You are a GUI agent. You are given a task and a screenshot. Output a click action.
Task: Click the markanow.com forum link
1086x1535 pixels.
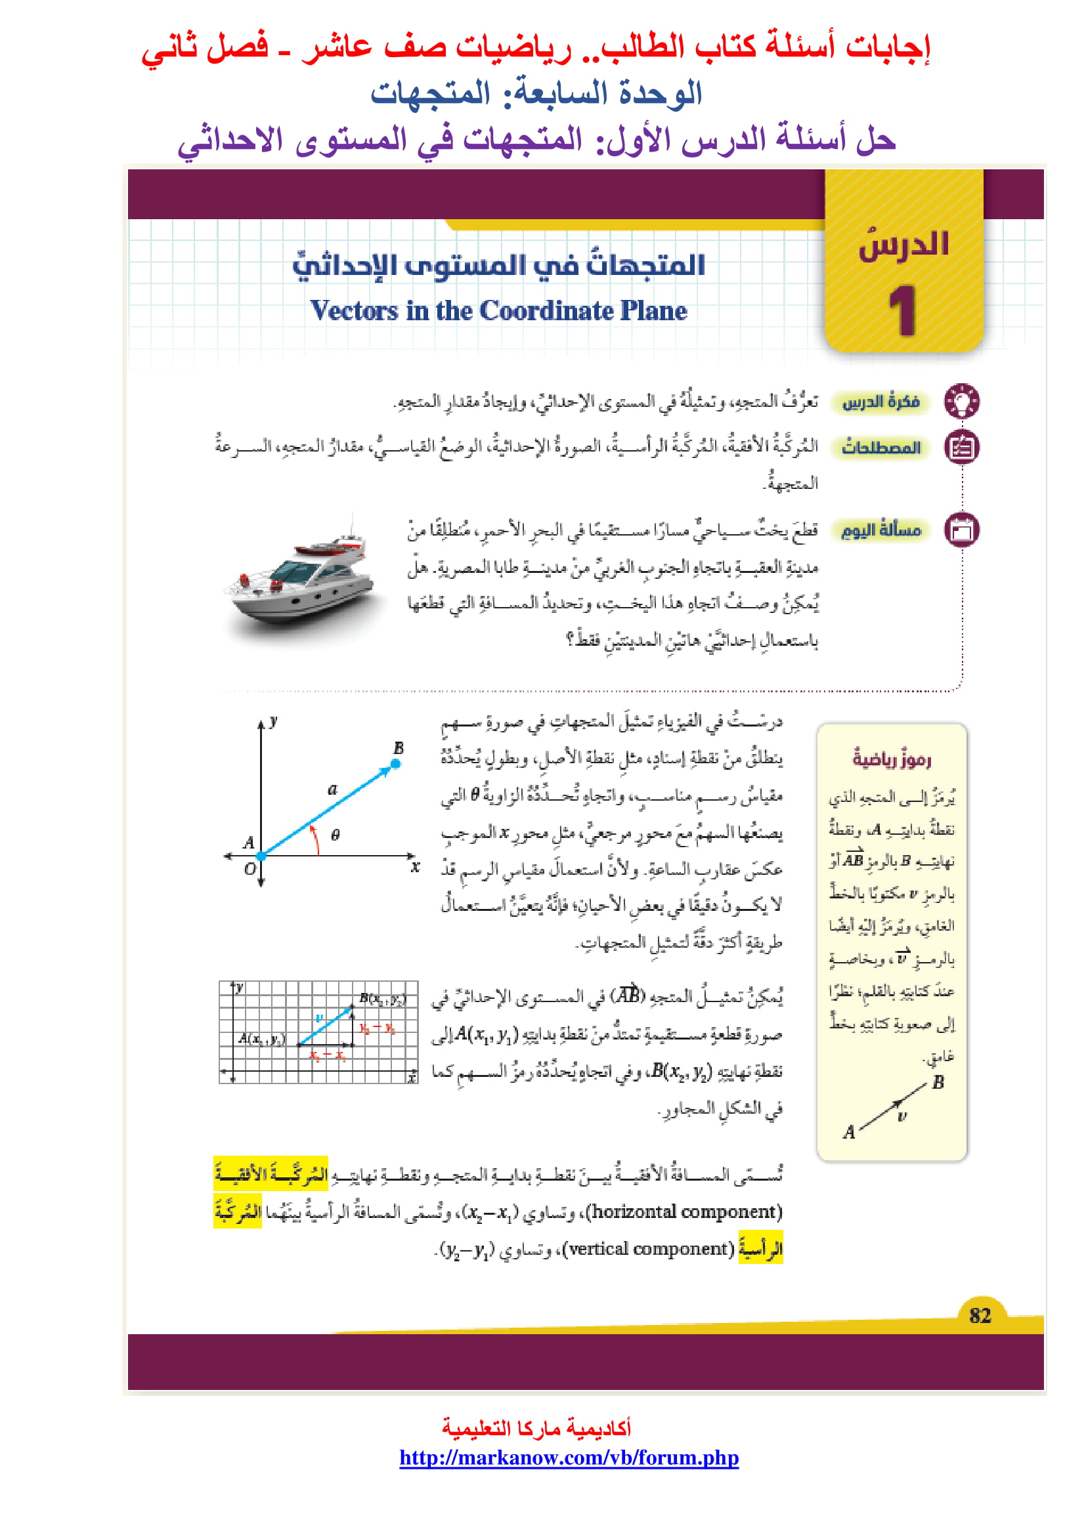click(x=569, y=1458)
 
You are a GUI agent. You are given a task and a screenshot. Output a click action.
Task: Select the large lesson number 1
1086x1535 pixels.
click(x=902, y=310)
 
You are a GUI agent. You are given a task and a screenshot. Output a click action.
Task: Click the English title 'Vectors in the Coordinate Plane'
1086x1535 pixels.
click(x=498, y=311)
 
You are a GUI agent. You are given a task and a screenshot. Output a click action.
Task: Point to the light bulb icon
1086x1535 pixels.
click(x=962, y=401)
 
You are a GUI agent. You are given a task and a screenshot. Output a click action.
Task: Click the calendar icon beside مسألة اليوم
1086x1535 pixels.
click(x=962, y=530)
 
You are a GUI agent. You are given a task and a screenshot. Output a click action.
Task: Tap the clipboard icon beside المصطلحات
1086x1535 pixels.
click(x=962, y=447)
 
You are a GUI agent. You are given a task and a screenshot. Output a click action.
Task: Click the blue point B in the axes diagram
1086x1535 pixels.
click(x=396, y=763)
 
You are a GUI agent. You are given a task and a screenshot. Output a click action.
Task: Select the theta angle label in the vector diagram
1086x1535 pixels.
click(x=335, y=835)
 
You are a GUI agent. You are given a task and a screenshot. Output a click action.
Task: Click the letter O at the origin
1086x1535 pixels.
click(x=250, y=868)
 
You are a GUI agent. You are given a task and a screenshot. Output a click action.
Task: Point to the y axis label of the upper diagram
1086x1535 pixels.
click(x=274, y=721)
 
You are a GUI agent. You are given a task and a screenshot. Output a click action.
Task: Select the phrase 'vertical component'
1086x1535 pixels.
click(x=649, y=1249)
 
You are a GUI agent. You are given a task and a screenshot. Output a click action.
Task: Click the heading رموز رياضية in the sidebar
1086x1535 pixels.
click(x=892, y=759)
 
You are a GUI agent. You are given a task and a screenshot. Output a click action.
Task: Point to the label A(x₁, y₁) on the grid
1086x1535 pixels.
click(x=261, y=1038)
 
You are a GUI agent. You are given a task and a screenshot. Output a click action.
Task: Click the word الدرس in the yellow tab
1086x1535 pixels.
click(x=903, y=245)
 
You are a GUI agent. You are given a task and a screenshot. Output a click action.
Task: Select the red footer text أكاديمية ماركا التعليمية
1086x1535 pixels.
click(x=536, y=1428)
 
